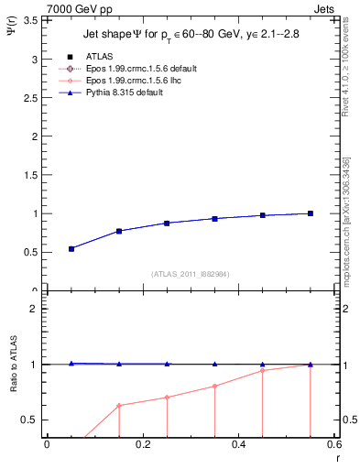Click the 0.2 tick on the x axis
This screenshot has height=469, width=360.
(x=142, y=444)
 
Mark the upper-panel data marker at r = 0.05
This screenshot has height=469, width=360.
(x=71, y=248)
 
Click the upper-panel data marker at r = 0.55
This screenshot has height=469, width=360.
(x=311, y=213)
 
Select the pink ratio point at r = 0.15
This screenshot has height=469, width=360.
(x=119, y=405)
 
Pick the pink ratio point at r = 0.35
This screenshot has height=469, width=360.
(x=214, y=386)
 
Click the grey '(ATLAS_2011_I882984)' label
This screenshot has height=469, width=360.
(x=191, y=274)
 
